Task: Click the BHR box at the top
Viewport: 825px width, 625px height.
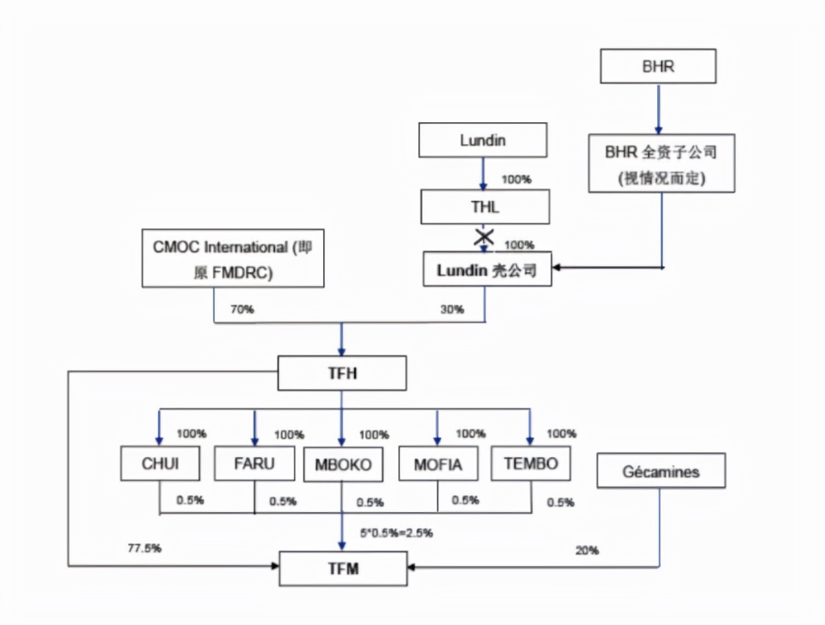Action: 658,66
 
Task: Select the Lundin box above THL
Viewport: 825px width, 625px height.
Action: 484,140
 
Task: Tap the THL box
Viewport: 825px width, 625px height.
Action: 486,207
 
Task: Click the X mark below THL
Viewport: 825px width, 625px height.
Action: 485,237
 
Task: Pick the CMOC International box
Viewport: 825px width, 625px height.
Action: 233,258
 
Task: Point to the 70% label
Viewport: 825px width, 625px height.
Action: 242,309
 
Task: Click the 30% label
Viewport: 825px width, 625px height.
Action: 452,309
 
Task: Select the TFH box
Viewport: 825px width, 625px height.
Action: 342,373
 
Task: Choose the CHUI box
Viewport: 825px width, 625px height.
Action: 160,464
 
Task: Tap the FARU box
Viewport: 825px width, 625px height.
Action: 255,463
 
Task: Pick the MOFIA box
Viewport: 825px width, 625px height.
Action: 438,464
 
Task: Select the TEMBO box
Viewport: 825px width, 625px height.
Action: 531,463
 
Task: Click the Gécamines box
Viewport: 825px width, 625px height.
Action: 660,471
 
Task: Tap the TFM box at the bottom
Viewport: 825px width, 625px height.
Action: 342,568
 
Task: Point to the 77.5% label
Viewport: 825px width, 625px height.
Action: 145,548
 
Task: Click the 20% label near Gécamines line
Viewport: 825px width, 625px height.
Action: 587,550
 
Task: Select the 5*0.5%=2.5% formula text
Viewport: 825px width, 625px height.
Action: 397,533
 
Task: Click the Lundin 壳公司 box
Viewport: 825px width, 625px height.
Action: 487,270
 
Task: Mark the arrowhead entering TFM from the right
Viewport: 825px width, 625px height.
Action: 411,567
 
